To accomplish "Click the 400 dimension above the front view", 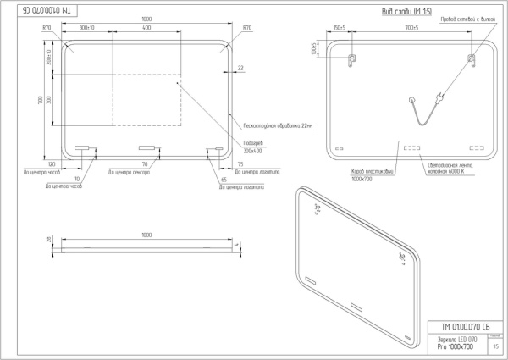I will [146, 28].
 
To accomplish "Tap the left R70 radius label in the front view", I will [47, 28].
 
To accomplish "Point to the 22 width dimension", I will [240, 68].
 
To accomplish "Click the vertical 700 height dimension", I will [39, 100].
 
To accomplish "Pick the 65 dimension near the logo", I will [224, 180].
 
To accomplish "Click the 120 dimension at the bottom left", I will [52, 163].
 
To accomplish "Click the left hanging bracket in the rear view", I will [353, 58].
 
